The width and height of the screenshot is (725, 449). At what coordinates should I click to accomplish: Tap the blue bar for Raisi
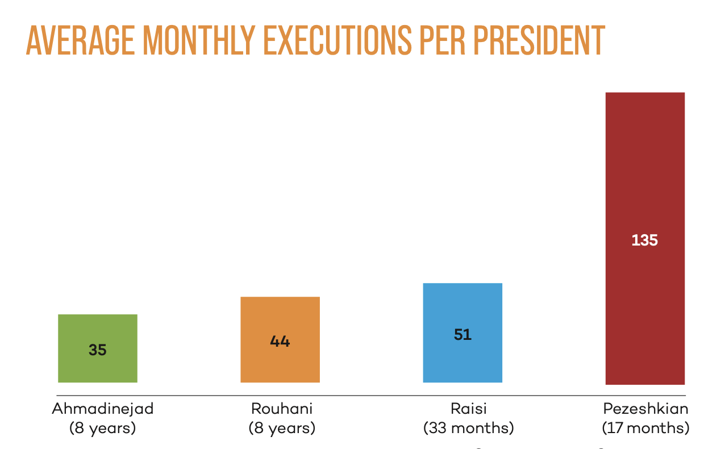click(463, 358)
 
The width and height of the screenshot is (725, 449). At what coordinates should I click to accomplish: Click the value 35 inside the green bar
click(98, 350)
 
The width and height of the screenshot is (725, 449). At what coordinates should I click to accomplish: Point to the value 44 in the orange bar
click(280, 342)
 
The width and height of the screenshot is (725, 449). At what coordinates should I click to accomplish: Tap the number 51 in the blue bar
click(463, 334)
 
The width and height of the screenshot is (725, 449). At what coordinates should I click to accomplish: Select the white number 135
click(645, 240)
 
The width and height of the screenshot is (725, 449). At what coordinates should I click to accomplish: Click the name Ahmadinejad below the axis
click(103, 409)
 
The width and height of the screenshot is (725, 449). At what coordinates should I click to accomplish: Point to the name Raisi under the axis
click(469, 409)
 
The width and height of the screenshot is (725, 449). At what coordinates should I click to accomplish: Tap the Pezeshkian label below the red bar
click(645, 409)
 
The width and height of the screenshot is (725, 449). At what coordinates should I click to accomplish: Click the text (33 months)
click(468, 428)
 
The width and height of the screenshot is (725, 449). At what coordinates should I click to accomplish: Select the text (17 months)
click(645, 428)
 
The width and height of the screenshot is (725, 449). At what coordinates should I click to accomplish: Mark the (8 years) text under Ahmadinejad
click(103, 428)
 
